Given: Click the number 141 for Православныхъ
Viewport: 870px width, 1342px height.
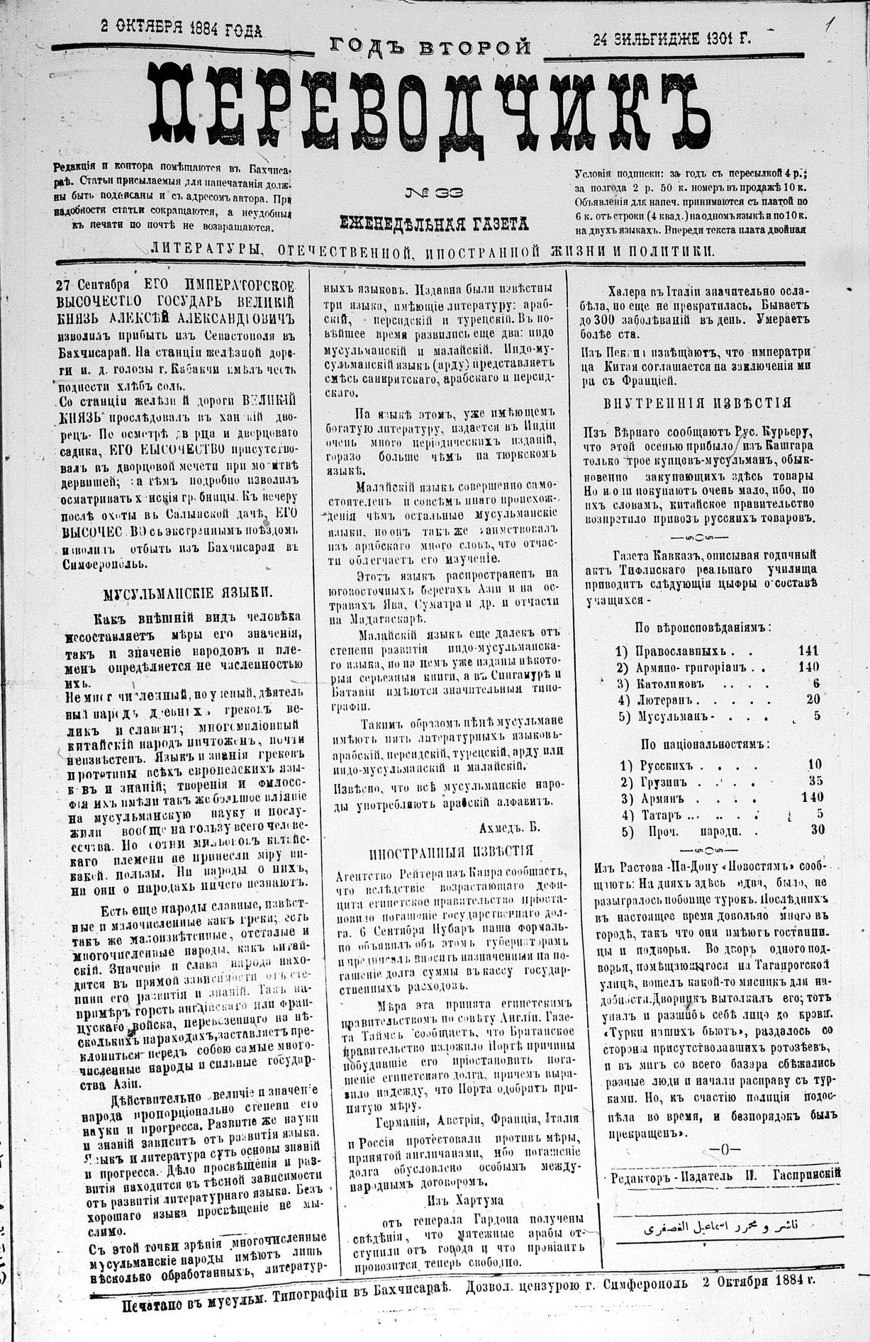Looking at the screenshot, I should coord(807,650).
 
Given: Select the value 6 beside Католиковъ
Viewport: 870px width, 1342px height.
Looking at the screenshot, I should coord(816,683).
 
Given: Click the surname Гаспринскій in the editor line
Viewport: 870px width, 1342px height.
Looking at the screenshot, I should coord(801,1174).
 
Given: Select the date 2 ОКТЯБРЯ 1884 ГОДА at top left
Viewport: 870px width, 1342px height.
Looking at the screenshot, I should coord(181,29).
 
